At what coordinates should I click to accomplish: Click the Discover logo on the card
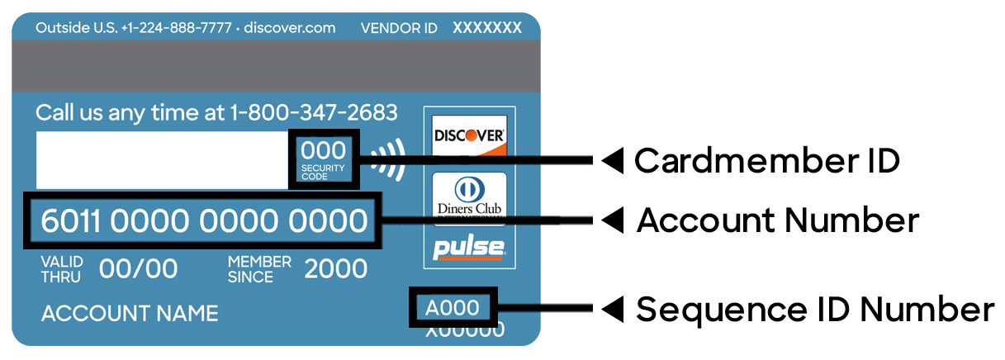469,135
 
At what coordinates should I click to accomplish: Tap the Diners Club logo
468,195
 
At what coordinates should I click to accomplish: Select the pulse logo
469,248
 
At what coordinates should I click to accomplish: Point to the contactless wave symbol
386,159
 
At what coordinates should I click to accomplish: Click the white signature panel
161,159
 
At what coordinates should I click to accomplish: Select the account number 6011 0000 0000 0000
203,221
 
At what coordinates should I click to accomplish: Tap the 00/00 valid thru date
138,268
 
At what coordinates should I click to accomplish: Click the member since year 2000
335,268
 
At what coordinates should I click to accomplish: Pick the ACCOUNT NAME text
130,314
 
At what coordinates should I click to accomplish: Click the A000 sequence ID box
453,308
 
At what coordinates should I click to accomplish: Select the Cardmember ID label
766,161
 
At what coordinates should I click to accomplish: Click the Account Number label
777,220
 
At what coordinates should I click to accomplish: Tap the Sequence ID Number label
814,310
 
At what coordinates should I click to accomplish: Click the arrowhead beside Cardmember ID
611,161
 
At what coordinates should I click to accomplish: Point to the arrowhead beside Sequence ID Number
611,310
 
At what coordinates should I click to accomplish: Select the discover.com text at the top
291,28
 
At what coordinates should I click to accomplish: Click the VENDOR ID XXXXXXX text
441,28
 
